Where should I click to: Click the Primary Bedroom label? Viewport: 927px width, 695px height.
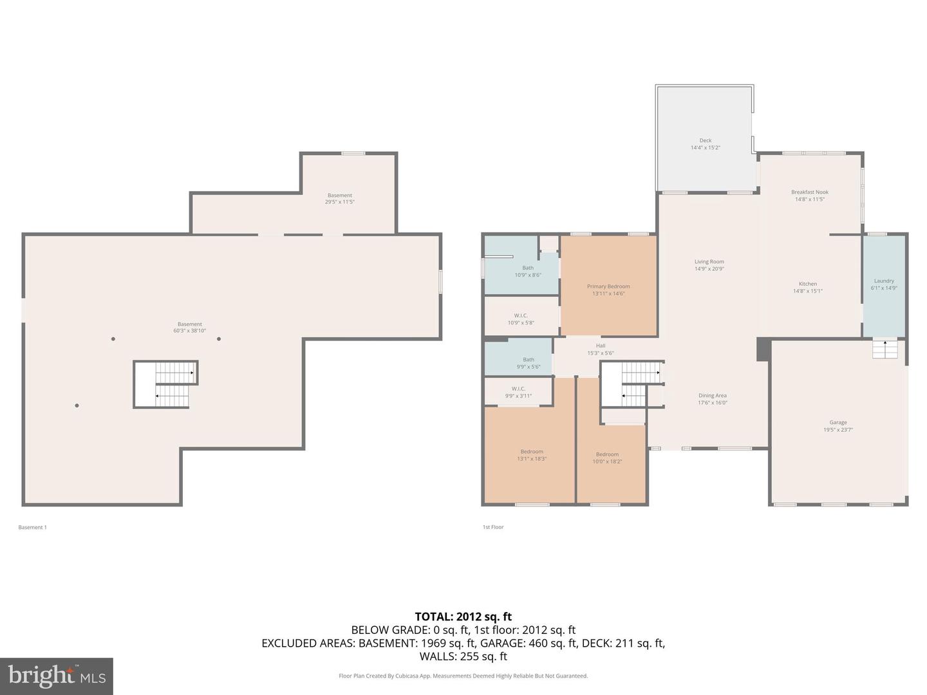608,286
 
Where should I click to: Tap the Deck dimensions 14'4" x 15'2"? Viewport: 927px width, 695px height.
706,148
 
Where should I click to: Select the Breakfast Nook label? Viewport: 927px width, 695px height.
810,192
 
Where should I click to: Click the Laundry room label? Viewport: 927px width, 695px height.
884,281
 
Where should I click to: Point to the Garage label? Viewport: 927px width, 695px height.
838,423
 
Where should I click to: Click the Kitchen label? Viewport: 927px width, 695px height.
808,284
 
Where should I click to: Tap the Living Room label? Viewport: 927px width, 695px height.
709,262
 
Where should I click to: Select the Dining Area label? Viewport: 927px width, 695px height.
712,396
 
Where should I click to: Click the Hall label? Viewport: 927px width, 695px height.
601,346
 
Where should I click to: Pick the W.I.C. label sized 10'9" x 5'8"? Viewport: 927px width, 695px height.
521,316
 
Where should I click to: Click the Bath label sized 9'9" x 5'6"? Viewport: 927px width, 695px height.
529,360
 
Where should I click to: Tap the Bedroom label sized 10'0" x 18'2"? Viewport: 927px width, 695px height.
607,454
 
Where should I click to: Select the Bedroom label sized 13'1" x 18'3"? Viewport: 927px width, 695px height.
532,452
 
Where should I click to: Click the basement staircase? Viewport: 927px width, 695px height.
166,384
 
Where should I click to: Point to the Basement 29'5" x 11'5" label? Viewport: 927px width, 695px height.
339,196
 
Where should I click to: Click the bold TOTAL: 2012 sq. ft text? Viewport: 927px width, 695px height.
463,616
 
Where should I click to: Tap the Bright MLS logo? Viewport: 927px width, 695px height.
57,676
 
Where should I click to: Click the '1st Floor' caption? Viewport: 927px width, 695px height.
493,527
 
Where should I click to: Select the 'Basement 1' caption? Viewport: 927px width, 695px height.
32,527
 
